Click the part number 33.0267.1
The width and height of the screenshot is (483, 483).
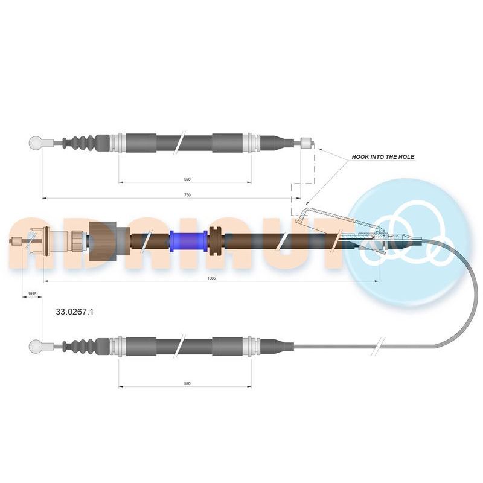pyautogui.click(x=74, y=312)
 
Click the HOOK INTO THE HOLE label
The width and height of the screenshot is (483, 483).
pyautogui.click(x=383, y=157)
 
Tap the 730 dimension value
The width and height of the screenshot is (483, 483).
pyautogui.click(x=187, y=195)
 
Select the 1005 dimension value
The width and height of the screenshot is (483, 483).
pyautogui.click(x=212, y=278)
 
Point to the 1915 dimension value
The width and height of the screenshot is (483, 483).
pyautogui.click(x=32, y=294)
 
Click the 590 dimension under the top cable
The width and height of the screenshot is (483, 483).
pyautogui.click(x=187, y=179)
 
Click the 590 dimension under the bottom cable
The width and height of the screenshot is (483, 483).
pyautogui.click(x=187, y=383)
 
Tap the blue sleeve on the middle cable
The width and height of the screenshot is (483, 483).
pyautogui.click(x=188, y=241)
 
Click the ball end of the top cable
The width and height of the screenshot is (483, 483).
pyautogui.click(x=36, y=142)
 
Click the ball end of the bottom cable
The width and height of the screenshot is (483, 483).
pyautogui.click(x=36, y=347)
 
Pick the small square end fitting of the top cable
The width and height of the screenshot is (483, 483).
pyautogui.click(x=307, y=142)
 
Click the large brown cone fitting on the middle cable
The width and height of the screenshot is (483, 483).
pyautogui.click(x=103, y=241)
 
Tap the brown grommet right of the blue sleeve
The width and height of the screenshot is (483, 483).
pyautogui.click(x=216, y=241)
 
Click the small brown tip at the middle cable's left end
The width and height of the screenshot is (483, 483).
pyautogui.click(x=16, y=241)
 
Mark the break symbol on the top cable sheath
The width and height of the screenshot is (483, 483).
pyautogui.click(x=179, y=142)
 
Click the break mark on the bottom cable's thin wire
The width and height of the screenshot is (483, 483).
pyautogui.click(x=379, y=346)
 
